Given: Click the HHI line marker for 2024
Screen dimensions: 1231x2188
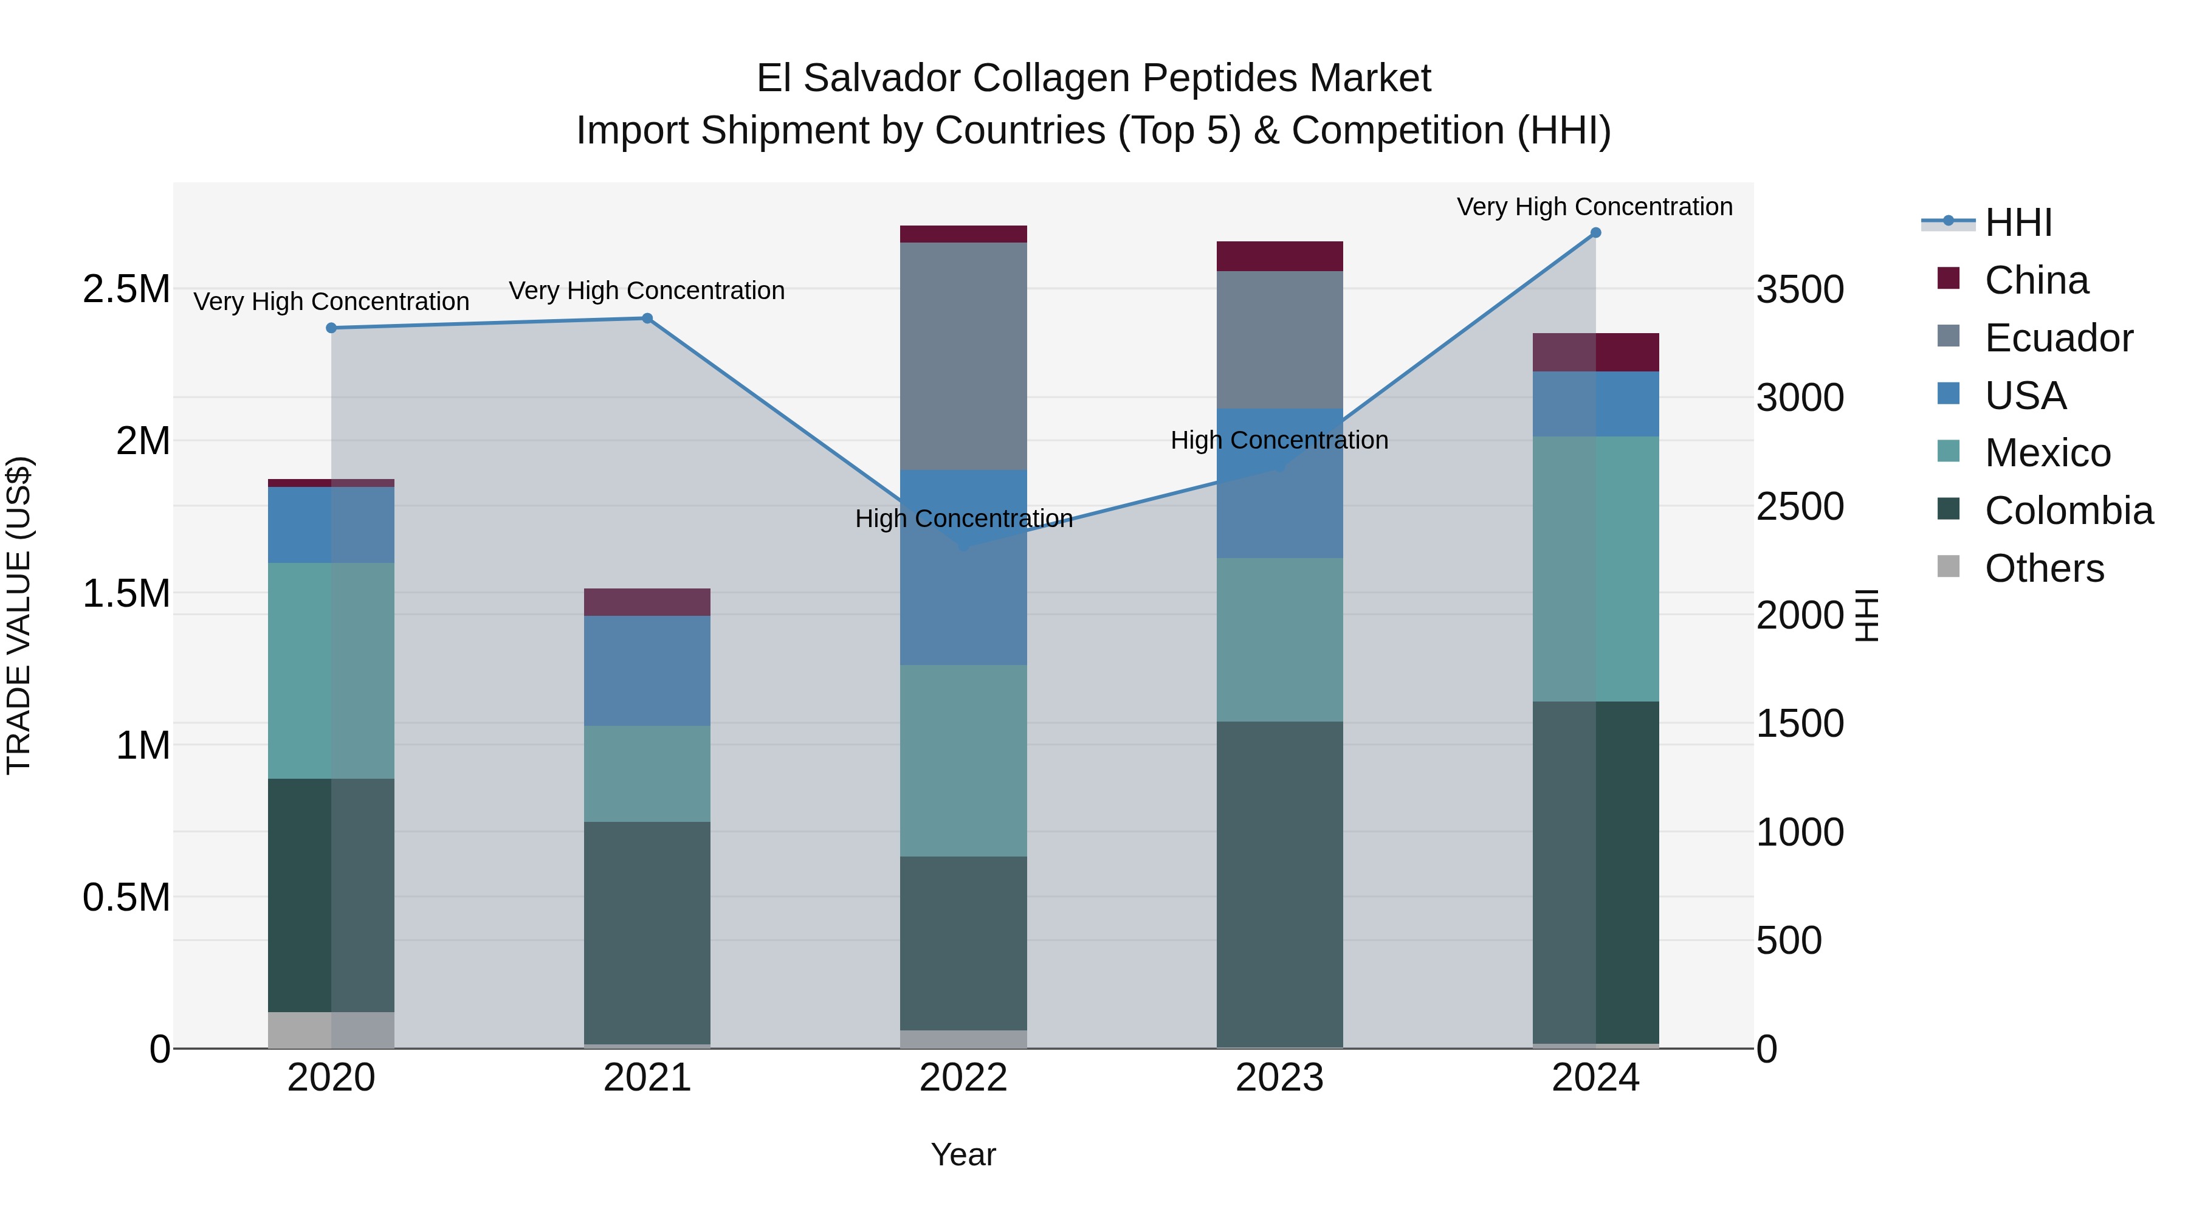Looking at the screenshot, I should tap(1595, 233).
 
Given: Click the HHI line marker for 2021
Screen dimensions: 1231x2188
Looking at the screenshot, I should tap(647, 319).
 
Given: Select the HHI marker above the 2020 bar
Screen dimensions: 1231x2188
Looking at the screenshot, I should tap(331, 328).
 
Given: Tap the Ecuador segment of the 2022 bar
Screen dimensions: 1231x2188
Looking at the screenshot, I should tap(963, 356).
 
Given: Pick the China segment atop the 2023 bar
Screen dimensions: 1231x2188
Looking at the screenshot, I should tap(1279, 257).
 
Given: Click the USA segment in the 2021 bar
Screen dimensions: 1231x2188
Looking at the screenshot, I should tap(647, 671).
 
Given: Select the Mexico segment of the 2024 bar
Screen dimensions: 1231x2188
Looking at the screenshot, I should tap(1595, 568).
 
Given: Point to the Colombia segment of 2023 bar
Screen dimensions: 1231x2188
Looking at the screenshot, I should tap(1279, 883).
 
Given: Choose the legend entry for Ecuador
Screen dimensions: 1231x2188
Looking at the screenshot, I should tap(2058, 338).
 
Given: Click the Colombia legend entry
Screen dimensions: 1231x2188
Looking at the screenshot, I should tap(2068, 511).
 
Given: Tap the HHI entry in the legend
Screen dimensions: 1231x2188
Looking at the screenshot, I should tap(2018, 222).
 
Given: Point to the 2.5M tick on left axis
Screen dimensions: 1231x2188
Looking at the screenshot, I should tap(126, 290).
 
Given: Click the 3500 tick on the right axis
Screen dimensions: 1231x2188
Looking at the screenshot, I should tap(1800, 290).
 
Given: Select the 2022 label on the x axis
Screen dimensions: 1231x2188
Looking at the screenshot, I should tap(963, 1078).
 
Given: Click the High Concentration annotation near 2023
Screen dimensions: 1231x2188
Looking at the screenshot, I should tap(1279, 440).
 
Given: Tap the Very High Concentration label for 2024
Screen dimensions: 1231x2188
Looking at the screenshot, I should tap(1594, 207).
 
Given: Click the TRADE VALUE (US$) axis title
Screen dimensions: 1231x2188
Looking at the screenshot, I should tap(19, 615).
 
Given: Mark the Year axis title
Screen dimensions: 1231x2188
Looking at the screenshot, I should tap(963, 1154).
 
